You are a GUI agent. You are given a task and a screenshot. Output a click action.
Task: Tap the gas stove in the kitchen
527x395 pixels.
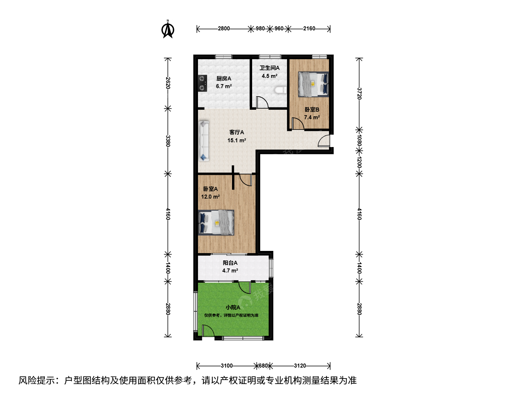click(x=202, y=83)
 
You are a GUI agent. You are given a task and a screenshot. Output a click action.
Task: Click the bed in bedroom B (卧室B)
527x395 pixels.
click(x=313, y=84)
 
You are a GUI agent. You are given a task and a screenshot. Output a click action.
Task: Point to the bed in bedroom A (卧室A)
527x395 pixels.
click(x=216, y=223)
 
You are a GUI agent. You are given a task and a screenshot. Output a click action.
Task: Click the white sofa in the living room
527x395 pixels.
click(x=203, y=141)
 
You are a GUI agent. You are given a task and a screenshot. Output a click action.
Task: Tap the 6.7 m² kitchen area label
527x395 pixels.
click(x=224, y=86)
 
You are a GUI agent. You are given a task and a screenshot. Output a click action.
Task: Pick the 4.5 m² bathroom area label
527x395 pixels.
click(x=269, y=76)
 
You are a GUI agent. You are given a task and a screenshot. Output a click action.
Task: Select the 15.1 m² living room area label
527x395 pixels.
click(x=237, y=140)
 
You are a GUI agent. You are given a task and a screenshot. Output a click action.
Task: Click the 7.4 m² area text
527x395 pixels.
click(x=312, y=117)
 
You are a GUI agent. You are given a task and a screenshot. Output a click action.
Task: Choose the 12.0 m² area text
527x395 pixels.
click(x=210, y=197)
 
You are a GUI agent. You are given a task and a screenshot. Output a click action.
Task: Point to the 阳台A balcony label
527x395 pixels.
click(x=230, y=263)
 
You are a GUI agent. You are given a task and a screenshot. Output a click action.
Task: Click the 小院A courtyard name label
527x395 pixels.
click(x=233, y=308)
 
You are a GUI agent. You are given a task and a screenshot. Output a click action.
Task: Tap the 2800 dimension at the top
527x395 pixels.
click(x=224, y=29)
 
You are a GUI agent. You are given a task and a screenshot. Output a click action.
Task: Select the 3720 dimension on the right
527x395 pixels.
click(x=359, y=94)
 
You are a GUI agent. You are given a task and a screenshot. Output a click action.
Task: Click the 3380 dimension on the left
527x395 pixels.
click(x=168, y=141)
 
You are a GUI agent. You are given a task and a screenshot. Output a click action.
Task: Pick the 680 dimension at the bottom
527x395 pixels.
click(x=263, y=366)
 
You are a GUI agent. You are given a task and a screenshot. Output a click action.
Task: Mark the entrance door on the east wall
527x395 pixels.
click(x=324, y=140)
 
